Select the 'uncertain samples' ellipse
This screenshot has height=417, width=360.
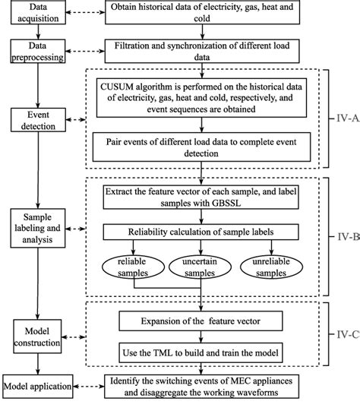tap(201, 266)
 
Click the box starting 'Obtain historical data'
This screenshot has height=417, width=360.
tap(201, 13)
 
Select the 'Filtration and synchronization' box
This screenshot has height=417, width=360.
tap(201, 52)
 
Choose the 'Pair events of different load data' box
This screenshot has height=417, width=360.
tap(201, 145)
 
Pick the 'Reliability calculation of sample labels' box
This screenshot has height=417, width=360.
tap(201, 232)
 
